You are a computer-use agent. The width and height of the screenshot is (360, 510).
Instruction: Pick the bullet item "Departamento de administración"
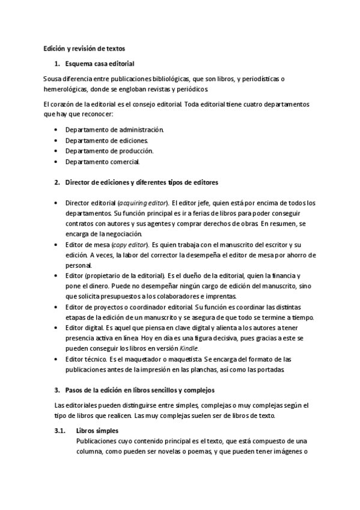[x=114, y=129]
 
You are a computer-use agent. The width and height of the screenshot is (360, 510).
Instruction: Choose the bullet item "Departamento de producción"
[x=109, y=150]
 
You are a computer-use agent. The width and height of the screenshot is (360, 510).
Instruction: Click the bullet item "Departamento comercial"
[x=103, y=161]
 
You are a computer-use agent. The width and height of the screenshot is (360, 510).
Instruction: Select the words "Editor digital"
[x=84, y=327]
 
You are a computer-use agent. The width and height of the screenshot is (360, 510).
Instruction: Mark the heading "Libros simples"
[x=97, y=431]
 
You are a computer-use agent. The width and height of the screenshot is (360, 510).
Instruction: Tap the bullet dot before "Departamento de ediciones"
[x=56, y=140]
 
